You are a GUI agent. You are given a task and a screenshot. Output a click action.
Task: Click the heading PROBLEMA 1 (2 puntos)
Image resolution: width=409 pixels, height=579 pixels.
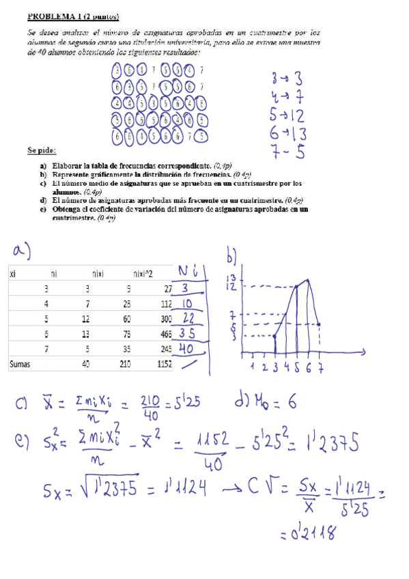73,16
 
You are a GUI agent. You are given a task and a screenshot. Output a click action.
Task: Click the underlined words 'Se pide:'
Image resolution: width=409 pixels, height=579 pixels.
42,150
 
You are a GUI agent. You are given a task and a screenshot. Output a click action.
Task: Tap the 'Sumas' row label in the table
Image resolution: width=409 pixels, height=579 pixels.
21,365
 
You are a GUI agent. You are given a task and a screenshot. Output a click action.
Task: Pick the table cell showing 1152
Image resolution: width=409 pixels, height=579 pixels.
162,365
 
